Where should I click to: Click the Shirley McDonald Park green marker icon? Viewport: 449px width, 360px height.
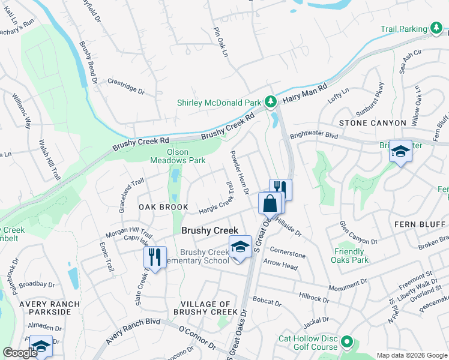point(271,101)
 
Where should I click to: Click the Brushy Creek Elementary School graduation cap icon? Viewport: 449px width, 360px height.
point(240,247)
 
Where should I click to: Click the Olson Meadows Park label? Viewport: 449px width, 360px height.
point(186,156)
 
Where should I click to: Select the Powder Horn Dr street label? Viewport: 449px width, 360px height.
point(238,172)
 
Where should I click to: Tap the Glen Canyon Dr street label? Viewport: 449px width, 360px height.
point(358,233)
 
